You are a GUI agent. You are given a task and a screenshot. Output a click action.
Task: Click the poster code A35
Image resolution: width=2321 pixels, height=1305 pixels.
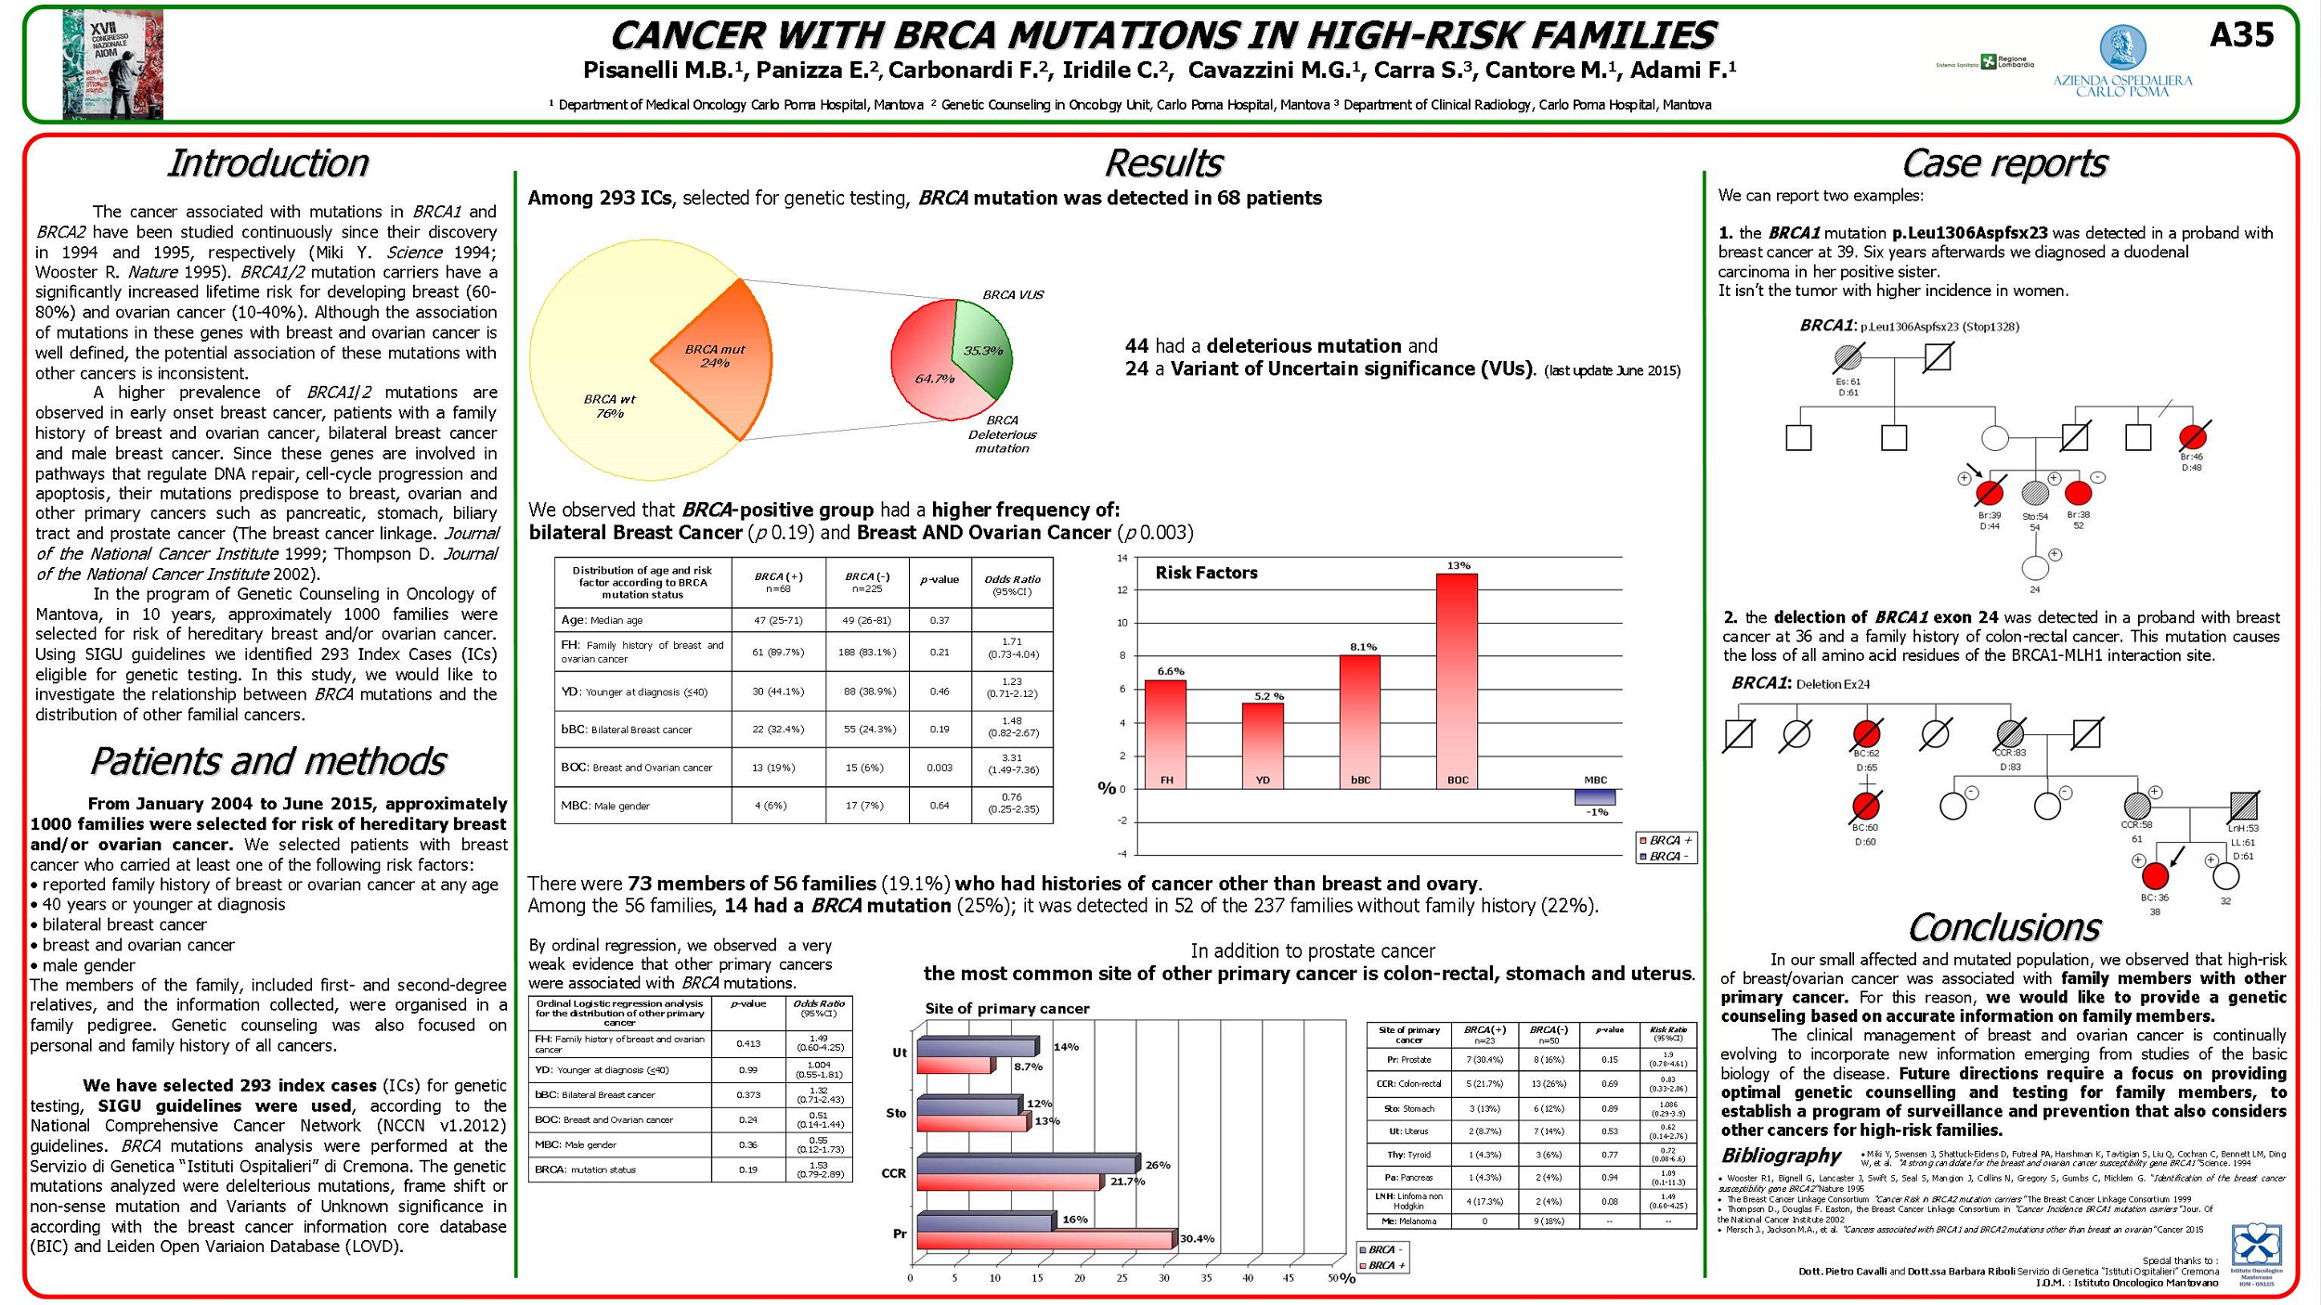click(x=2241, y=35)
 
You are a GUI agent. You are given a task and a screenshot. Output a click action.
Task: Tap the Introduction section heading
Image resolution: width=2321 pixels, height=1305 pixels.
click(x=267, y=163)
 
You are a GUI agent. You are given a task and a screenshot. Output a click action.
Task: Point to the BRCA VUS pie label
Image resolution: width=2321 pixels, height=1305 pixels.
click(x=1012, y=295)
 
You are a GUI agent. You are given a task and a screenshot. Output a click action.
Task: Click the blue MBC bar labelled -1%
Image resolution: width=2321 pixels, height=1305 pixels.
click(x=1595, y=796)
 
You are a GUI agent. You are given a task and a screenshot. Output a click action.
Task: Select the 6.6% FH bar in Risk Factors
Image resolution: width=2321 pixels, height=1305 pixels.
click(x=1164, y=733)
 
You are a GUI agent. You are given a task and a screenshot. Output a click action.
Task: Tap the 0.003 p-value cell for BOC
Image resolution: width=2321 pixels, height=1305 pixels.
click(x=940, y=768)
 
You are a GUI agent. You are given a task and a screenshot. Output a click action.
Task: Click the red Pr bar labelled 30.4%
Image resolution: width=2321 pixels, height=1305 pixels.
click(x=1044, y=1239)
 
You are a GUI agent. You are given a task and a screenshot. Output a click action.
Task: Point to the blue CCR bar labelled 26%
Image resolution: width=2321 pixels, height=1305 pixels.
click(x=1026, y=1164)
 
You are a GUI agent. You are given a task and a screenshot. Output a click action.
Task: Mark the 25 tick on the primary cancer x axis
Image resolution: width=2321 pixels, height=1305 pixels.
click(x=1122, y=1278)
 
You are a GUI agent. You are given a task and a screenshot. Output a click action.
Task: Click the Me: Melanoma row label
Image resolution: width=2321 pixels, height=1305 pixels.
click(x=1408, y=1221)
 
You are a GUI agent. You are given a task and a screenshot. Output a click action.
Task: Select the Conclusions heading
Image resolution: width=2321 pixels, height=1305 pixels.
click(x=2003, y=927)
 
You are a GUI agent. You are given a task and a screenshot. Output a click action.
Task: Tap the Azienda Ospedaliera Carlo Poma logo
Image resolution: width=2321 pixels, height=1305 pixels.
click(x=2122, y=60)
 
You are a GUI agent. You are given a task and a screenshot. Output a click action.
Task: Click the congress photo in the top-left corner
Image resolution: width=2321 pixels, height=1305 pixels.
click(x=112, y=64)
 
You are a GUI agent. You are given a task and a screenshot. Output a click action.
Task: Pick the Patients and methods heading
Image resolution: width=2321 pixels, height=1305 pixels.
click(x=267, y=761)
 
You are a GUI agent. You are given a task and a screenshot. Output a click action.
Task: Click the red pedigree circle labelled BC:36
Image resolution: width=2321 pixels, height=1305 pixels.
click(x=2155, y=875)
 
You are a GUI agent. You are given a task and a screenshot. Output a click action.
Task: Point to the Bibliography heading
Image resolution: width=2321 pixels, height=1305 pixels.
click(x=1780, y=1156)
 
